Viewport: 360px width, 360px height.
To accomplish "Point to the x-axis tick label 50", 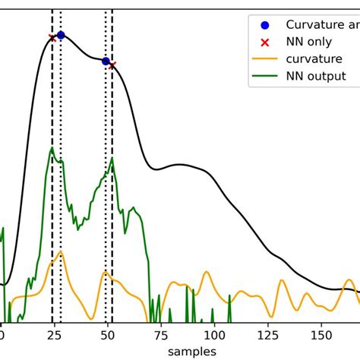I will (x=108, y=333).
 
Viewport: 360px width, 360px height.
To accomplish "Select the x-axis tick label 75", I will (x=161, y=333).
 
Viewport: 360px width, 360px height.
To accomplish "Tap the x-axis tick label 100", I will (x=215, y=333).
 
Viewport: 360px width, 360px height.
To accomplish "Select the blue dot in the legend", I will (x=264, y=24).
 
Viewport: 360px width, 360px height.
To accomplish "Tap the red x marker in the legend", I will (x=264, y=41).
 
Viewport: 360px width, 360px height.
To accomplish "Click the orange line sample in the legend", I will (x=264, y=58).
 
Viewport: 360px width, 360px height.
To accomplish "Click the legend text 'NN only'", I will (x=308, y=41).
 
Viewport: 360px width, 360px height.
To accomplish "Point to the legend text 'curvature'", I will (x=314, y=58).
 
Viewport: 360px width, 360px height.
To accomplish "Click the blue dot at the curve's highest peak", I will (x=61, y=35).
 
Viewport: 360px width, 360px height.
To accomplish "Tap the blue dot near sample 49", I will (x=106, y=61).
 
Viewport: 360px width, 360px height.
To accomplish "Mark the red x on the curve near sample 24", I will (x=52, y=37).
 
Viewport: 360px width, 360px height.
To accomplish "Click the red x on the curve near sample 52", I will (x=112, y=65).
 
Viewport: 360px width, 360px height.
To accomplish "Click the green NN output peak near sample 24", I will (x=52, y=149).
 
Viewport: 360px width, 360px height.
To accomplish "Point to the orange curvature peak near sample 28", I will (x=60, y=251).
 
